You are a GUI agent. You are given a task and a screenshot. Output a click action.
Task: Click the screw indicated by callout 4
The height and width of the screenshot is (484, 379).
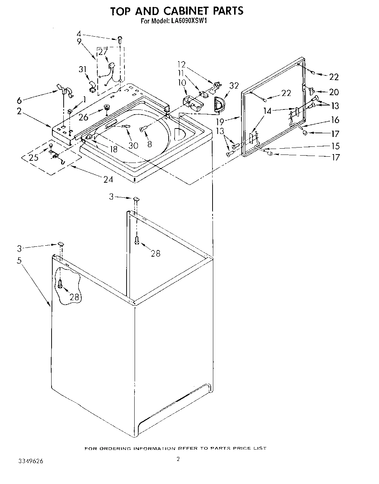tap(120, 39)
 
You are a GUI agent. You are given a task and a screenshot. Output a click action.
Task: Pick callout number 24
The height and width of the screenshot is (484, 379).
tap(108, 179)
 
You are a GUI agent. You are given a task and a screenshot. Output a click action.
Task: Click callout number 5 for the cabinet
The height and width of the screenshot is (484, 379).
tap(19, 261)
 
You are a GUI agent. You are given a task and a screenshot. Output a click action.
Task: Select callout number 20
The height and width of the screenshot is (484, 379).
tap(334, 92)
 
